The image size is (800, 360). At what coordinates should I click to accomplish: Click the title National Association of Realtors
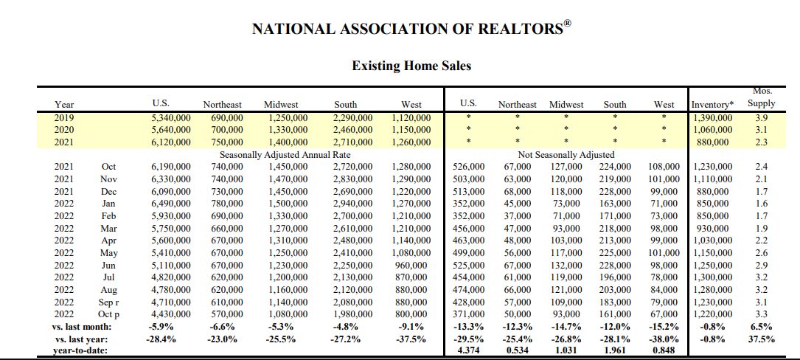tap(411, 29)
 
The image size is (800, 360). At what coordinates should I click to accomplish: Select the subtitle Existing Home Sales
tap(411, 66)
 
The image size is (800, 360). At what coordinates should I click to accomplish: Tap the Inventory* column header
tap(713, 105)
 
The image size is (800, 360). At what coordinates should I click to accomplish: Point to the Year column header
tap(64, 105)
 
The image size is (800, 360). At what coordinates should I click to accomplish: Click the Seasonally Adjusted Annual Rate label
tap(285, 155)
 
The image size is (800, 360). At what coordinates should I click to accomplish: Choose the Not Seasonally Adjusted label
tap(566, 155)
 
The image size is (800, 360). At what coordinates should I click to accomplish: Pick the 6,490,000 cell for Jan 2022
tap(166, 204)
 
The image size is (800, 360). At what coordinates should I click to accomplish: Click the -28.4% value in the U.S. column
tap(166, 339)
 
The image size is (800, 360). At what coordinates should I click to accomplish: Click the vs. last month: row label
tap(81, 327)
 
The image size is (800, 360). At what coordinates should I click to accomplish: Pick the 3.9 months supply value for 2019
tap(761, 117)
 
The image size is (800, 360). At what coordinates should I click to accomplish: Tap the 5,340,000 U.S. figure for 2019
tap(170, 117)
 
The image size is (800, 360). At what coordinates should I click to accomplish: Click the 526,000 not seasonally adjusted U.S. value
tap(468, 167)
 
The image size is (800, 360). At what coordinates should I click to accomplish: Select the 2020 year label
tap(64, 130)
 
